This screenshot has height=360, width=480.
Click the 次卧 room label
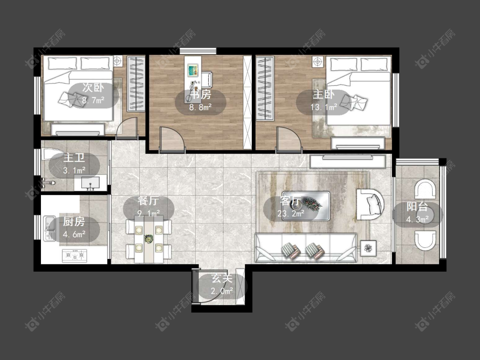93,88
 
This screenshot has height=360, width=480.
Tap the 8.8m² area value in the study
201,107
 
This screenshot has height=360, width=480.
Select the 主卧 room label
323,94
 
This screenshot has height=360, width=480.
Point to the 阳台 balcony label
417,206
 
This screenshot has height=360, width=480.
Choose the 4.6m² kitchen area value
74,235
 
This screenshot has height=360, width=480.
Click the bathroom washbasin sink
90,183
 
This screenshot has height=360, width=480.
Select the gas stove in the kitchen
74,255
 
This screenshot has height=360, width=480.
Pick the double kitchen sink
49,228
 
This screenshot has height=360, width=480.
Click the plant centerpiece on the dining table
149,239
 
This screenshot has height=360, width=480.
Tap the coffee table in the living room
306,206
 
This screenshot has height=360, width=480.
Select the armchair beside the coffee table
370,204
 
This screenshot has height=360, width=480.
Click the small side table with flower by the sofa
368,248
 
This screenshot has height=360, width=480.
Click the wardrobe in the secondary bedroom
136,84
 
